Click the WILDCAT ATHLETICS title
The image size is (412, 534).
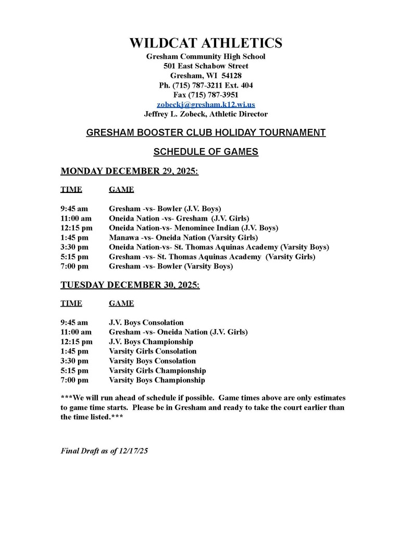point(206,43)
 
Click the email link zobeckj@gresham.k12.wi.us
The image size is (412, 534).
point(206,104)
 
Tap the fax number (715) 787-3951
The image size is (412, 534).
point(206,94)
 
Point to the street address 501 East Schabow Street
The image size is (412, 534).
point(206,66)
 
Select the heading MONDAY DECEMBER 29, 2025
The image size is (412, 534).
point(129,171)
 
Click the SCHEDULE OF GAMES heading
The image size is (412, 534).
point(206,152)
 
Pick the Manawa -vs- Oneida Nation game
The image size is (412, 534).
point(182,237)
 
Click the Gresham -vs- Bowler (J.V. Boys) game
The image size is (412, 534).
point(165,208)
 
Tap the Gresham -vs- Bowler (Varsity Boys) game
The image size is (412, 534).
point(170,266)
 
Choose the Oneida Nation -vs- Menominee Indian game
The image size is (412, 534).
point(193,228)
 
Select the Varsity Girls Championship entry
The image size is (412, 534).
point(157,370)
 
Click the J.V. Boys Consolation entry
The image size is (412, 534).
point(146,322)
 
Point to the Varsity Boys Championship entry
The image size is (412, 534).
point(157,380)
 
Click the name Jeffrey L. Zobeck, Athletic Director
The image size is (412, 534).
point(206,114)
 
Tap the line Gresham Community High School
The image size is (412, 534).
point(206,56)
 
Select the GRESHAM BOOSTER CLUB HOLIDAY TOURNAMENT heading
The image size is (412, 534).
point(206,132)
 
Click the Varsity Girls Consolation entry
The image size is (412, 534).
point(153,351)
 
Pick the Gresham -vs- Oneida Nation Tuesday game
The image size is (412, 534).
point(178,332)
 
